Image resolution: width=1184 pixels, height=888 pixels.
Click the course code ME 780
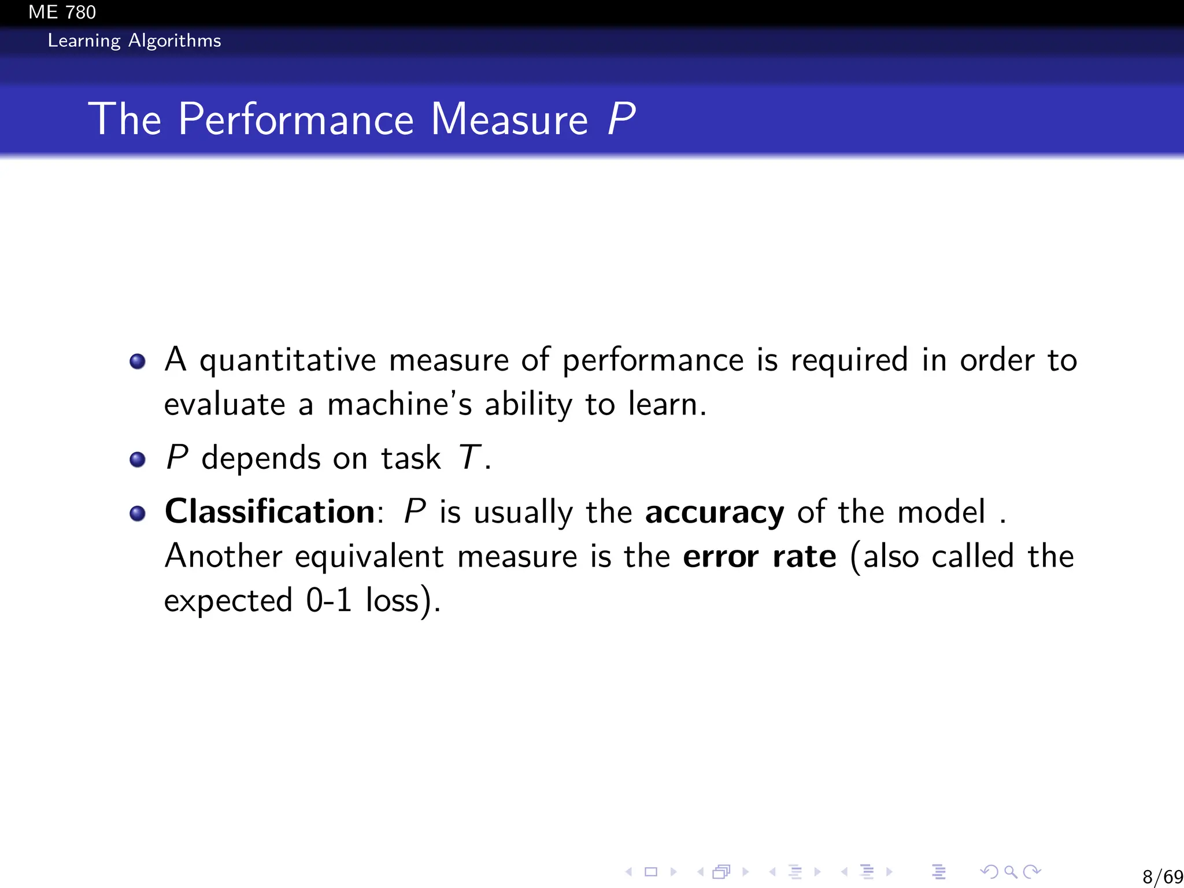click(62, 12)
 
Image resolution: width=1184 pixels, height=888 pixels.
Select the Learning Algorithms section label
click(134, 41)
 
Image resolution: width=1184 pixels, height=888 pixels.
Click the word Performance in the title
click(296, 120)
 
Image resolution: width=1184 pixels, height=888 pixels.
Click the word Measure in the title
click(509, 120)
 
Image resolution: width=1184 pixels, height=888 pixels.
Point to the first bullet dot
click(138, 362)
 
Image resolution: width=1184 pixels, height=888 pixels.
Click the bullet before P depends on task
click(138, 460)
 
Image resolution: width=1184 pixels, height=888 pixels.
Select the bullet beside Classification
click(138, 513)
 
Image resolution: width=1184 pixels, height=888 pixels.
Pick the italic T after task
click(469, 458)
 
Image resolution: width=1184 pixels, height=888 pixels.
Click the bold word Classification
click(270, 512)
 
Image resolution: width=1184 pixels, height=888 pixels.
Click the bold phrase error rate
click(759, 557)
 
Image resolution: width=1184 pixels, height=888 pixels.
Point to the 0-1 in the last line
click(329, 600)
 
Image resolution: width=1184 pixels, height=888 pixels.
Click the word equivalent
click(369, 557)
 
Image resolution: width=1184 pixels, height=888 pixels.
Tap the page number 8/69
click(1163, 876)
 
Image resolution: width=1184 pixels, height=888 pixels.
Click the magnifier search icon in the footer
click(1010, 871)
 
